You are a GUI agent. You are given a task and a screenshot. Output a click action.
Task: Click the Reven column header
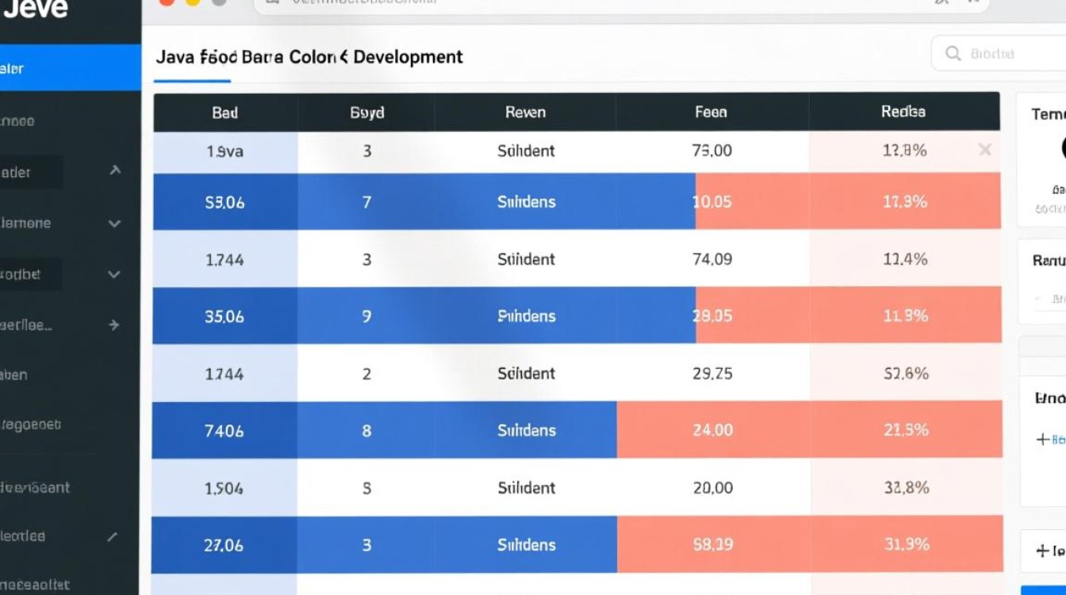[525, 113]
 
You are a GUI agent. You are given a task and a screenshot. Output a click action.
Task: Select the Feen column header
[711, 113]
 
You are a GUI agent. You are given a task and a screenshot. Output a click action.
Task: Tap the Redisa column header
[903, 112]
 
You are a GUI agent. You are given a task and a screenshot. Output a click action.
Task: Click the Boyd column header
[367, 113]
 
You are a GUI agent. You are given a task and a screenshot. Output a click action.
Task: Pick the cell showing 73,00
[712, 151]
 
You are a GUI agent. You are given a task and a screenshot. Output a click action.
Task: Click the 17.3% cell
[905, 202]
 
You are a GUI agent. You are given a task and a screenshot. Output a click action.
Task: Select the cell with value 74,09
[712, 259]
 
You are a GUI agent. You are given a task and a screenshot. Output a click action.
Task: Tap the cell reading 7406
[224, 431]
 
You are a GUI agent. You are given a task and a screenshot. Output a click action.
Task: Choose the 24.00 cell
[712, 431]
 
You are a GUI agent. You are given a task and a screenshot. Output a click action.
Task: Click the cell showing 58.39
[712, 545]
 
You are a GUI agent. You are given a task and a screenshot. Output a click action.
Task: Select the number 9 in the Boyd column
[366, 317]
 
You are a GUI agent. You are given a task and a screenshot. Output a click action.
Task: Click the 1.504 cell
[224, 488]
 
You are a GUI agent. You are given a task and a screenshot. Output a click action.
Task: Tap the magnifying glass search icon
[953, 54]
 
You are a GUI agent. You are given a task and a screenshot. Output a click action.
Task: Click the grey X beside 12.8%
[985, 150]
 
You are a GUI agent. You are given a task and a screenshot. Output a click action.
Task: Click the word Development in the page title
[408, 57]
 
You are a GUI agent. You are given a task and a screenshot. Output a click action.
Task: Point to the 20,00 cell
[712, 488]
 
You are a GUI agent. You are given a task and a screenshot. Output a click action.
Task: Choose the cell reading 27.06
[224, 545]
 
